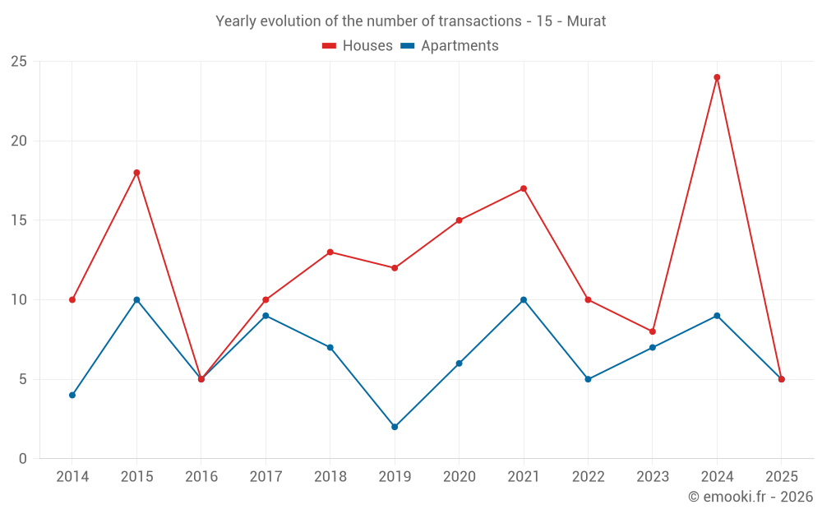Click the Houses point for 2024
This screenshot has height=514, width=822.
(717, 77)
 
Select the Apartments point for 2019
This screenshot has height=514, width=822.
(395, 427)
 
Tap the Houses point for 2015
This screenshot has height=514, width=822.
(136, 173)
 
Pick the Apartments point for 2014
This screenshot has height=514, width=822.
(72, 395)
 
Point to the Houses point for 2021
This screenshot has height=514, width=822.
(524, 188)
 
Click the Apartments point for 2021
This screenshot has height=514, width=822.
(524, 299)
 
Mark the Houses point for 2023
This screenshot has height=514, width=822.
(653, 331)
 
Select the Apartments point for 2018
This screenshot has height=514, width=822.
(330, 347)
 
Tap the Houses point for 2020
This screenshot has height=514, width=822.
(459, 220)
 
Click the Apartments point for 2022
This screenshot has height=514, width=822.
(588, 379)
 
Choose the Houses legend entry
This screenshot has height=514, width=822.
(358, 46)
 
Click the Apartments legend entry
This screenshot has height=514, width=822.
(450, 46)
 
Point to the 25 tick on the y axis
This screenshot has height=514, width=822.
(19, 62)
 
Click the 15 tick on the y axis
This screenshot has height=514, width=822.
(19, 220)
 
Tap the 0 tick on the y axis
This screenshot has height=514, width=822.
(23, 459)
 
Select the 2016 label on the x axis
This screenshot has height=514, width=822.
(201, 477)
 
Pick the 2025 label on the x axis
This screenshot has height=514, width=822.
(782, 477)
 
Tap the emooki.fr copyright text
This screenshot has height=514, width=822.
(750, 497)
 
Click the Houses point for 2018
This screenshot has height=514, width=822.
(330, 252)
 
